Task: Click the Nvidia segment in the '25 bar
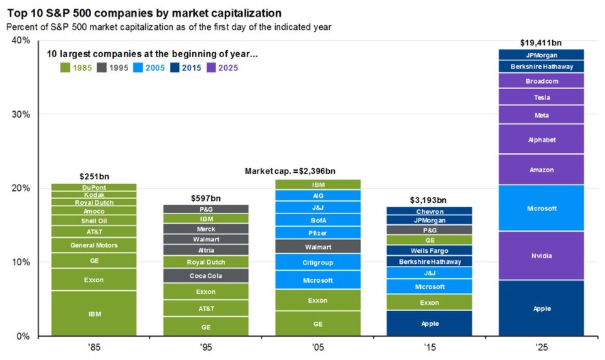click(x=541, y=256)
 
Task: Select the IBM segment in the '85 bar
click(x=94, y=313)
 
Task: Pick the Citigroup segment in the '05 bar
click(x=318, y=262)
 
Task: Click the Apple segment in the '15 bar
click(x=430, y=324)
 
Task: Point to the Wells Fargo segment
click(x=430, y=250)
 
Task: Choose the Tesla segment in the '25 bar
click(x=541, y=97)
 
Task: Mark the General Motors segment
click(x=94, y=245)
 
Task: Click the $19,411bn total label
click(x=541, y=43)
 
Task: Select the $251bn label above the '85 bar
click(x=94, y=177)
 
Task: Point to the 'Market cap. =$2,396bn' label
click(x=290, y=171)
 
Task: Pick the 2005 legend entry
click(x=151, y=68)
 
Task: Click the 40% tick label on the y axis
click(x=21, y=41)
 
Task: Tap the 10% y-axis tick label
click(x=21, y=262)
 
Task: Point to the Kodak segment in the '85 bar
click(x=94, y=195)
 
